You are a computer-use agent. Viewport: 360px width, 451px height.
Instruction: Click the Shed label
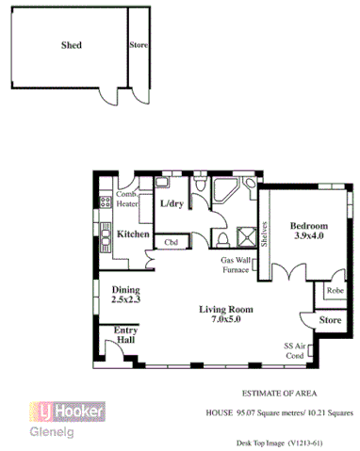[71, 44]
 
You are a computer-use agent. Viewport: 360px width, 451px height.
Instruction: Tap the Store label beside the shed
[139, 43]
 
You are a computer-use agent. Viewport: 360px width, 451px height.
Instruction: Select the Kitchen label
[133, 234]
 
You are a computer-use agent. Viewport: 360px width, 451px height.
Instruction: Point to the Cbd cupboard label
[172, 242]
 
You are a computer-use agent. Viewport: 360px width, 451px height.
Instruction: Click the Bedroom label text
[308, 227]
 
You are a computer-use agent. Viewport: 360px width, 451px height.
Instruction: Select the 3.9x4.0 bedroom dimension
[308, 237]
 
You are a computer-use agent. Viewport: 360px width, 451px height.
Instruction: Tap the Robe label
[334, 292]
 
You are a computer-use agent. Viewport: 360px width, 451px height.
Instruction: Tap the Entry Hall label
[126, 336]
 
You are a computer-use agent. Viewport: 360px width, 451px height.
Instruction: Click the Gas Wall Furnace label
[235, 265]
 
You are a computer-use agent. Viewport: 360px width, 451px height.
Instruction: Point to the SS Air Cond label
[294, 352]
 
